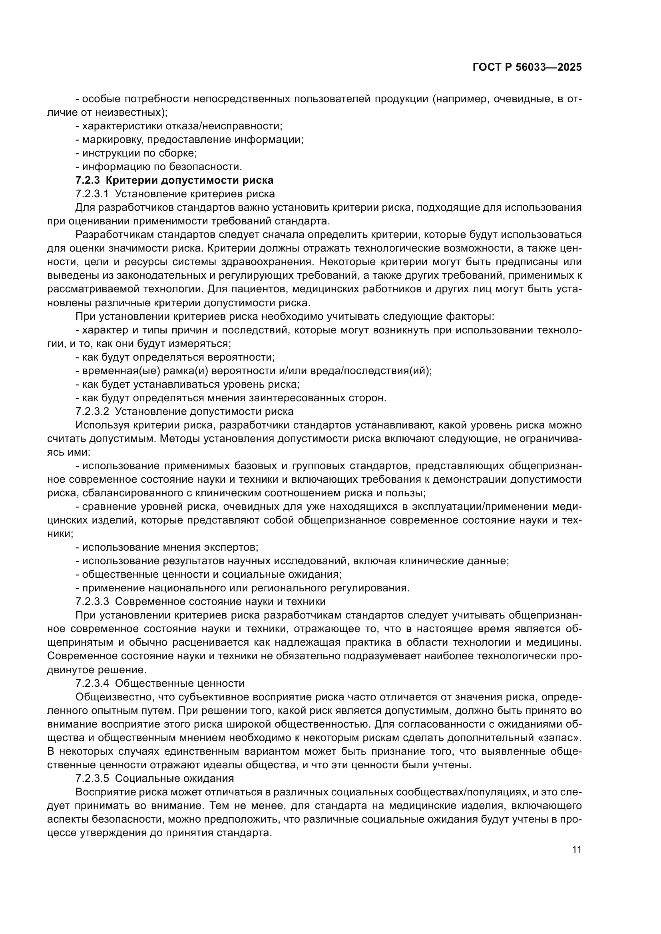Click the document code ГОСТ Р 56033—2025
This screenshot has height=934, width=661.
[x=527, y=67]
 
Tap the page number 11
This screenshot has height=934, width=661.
[x=576, y=850]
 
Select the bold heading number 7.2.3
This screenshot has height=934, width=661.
[x=88, y=180]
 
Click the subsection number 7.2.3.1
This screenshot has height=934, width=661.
[x=92, y=194]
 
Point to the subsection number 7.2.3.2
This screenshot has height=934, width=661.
[x=92, y=411]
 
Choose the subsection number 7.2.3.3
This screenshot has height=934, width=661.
[x=92, y=601]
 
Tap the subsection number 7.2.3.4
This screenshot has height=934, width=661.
[x=92, y=683]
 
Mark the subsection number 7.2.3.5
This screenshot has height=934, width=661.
[x=92, y=778]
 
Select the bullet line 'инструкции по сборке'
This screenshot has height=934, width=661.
[x=139, y=153]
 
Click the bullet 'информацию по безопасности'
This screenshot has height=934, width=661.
[x=161, y=167]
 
